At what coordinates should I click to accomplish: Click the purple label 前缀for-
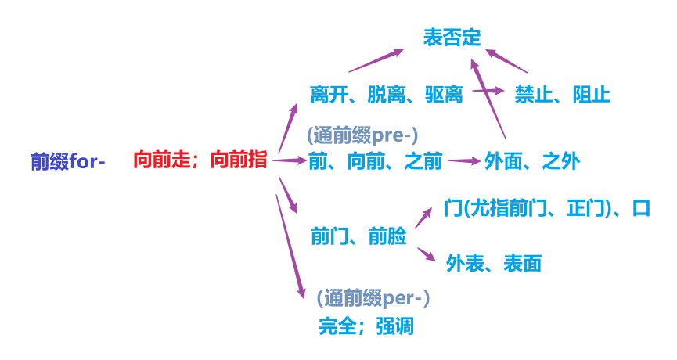(x=67, y=162)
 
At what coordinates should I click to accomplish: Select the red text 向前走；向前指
(x=200, y=161)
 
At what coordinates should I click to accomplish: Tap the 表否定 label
(x=452, y=37)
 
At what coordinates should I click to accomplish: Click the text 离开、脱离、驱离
(x=387, y=95)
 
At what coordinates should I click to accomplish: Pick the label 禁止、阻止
(x=562, y=95)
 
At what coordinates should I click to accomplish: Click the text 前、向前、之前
(x=376, y=162)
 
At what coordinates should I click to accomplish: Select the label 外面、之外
(x=531, y=162)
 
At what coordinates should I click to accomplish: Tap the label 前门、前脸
(x=358, y=236)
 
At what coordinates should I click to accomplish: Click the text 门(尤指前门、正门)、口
(x=546, y=209)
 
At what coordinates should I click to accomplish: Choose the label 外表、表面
(x=493, y=263)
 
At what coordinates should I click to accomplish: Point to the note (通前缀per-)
(x=373, y=298)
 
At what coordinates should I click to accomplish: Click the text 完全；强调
(x=366, y=325)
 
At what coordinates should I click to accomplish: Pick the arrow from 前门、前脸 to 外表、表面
(x=426, y=255)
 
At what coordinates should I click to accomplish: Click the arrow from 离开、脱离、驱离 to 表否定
(x=376, y=61)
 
